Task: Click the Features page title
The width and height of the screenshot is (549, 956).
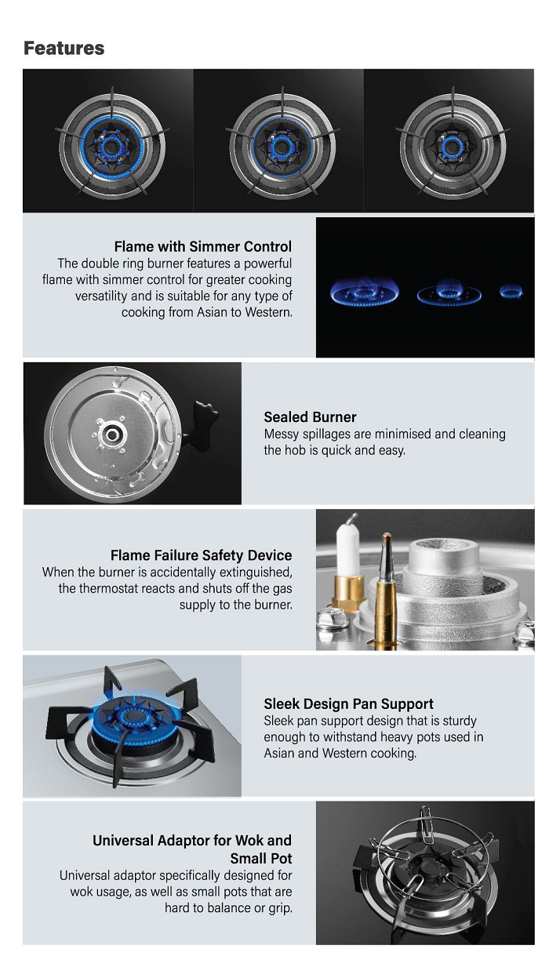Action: point(64,48)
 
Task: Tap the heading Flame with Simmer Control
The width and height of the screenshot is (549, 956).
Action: point(203,246)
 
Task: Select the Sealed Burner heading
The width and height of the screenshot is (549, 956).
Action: point(310,416)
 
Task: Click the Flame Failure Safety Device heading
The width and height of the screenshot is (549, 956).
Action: point(201,554)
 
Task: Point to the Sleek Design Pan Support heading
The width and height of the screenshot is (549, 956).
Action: point(348,703)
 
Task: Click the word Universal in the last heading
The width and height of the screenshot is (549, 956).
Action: point(123,840)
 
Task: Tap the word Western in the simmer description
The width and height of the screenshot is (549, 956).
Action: point(268,312)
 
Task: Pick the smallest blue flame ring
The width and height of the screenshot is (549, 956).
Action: point(511,292)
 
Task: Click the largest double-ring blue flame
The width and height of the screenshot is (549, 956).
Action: point(364,292)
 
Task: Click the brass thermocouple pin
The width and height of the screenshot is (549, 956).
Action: point(386,589)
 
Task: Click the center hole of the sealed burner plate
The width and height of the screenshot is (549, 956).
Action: point(113,434)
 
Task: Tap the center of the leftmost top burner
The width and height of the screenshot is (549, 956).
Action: point(111,147)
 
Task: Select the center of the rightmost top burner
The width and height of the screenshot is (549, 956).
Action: point(453,147)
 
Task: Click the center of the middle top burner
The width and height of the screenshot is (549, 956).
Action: point(282,147)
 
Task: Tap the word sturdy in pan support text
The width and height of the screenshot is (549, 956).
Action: point(459,721)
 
